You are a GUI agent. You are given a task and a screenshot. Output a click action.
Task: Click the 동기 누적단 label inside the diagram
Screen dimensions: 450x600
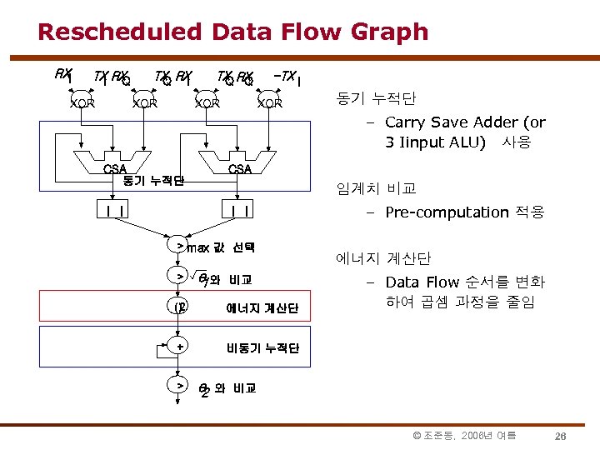(152, 180)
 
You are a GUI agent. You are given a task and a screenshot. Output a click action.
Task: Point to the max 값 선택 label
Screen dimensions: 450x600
(221, 247)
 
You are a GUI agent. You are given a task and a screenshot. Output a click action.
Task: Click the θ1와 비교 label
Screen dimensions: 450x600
(225, 278)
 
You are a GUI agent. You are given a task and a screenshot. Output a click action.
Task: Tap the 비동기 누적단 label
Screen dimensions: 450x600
(262, 347)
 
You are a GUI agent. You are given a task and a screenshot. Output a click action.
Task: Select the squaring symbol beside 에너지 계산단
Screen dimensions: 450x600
(179, 308)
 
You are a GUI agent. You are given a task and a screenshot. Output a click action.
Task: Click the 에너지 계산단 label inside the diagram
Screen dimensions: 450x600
(262, 309)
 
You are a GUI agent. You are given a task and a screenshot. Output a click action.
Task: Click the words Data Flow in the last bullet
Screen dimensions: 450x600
(425, 282)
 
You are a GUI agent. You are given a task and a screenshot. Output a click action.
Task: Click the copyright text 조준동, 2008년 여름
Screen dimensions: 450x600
(464, 436)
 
